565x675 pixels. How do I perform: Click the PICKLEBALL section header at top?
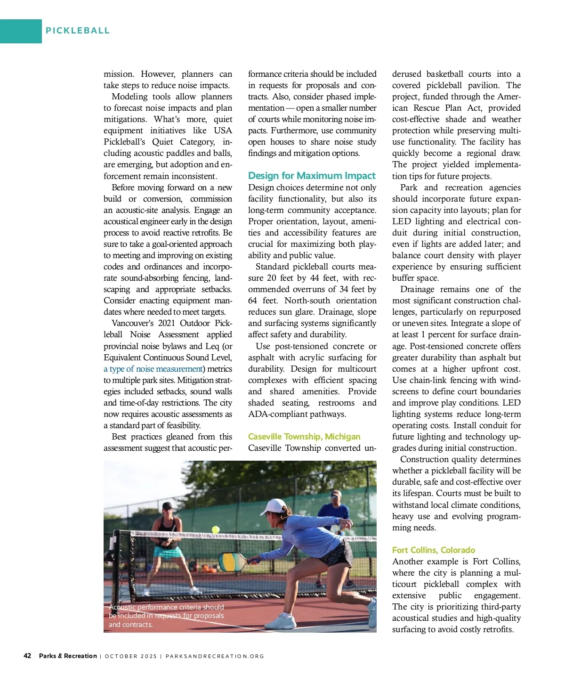[x=78, y=31]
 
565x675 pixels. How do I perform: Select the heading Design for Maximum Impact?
[x=312, y=176]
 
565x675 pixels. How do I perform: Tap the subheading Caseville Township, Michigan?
[x=304, y=437]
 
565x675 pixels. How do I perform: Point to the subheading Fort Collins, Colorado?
[x=433, y=550]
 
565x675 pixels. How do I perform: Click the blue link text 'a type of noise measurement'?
[x=153, y=369]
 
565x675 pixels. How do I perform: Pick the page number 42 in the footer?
[x=27, y=656]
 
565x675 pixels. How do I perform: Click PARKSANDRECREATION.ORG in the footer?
[x=215, y=656]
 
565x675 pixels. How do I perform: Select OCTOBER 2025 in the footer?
[x=130, y=656]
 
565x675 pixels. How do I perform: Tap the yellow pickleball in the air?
[x=216, y=529]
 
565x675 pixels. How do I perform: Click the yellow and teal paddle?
[x=233, y=561]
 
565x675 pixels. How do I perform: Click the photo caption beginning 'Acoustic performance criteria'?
[x=166, y=616]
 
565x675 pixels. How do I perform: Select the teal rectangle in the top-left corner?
[x=21, y=31]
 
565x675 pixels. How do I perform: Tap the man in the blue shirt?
[x=335, y=513]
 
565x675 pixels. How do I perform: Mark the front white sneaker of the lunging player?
[x=282, y=622]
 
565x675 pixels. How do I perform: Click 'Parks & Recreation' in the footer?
[x=68, y=656]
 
